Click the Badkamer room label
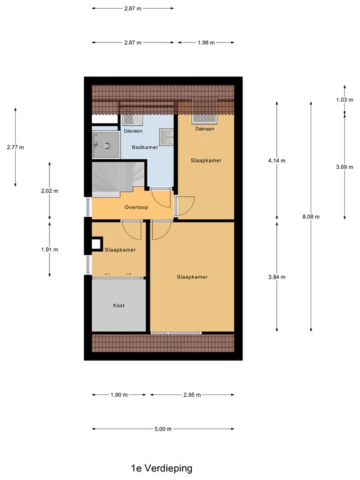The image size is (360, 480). pyautogui.click(x=145, y=147)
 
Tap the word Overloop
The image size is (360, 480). pyautogui.click(x=136, y=207)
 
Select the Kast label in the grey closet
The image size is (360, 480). pyautogui.click(x=119, y=306)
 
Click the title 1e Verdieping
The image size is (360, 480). pyautogui.click(x=161, y=467)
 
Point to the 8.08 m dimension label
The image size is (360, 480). pyautogui.click(x=311, y=217)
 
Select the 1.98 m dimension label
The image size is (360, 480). pyautogui.click(x=206, y=42)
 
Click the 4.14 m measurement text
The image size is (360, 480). pyautogui.click(x=276, y=161)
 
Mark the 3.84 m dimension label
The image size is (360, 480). pyautogui.click(x=276, y=277)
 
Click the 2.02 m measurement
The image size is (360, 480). pyautogui.click(x=49, y=191)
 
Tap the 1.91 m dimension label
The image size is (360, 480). pyautogui.click(x=49, y=249)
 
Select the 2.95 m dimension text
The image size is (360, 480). pyautogui.click(x=192, y=395)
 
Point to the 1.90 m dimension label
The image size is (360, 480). pyautogui.click(x=119, y=395)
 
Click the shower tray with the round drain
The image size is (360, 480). pyautogui.click(x=104, y=146)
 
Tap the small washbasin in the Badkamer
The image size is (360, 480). pyautogui.click(x=167, y=136)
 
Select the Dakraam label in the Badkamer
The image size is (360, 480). pyautogui.click(x=132, y=131)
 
